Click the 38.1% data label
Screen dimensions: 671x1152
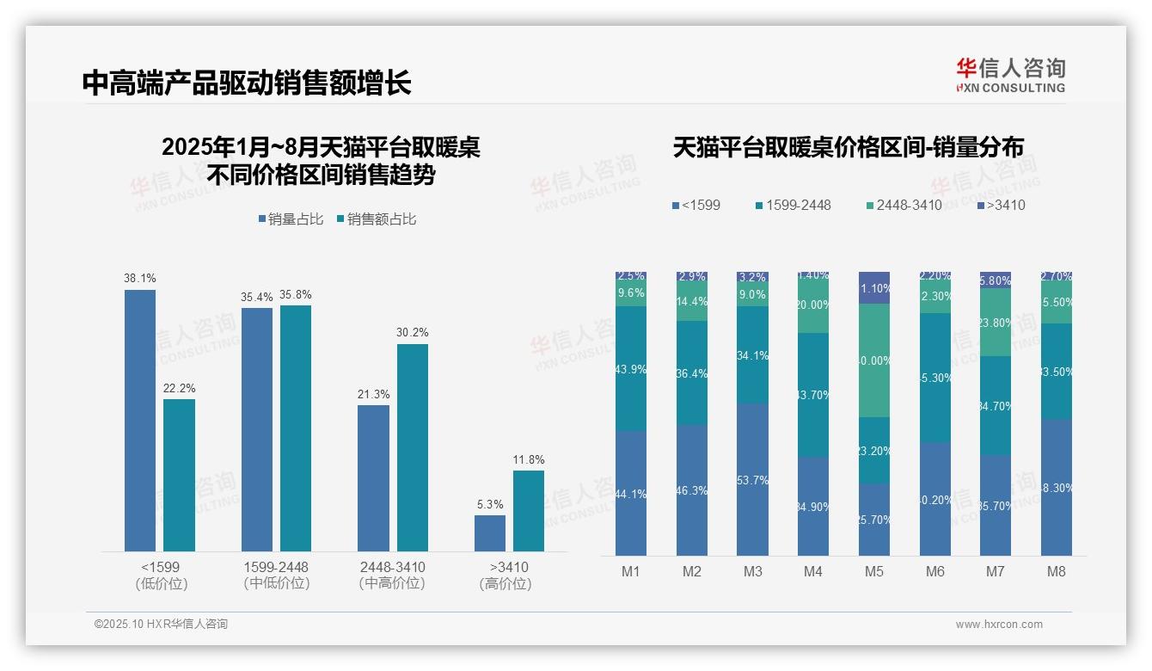tap(140, 279)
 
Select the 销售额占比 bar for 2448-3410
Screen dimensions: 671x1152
tap(412, 447)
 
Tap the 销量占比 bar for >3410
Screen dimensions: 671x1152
tap(490, 533)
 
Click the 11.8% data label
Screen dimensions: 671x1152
tap(529, 459)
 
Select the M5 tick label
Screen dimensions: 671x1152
tap(873, 571)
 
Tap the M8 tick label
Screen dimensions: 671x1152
tap(1057, 571)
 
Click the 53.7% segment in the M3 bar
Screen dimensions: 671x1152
tap(753, 479)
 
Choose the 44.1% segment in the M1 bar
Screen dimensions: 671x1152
tap(631, 493)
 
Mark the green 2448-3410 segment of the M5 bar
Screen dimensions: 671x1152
tap(874, 360)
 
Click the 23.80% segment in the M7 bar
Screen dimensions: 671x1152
tap(996, 323)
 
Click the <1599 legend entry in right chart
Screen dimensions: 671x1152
tap(696, 205)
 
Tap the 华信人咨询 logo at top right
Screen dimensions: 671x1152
tap(1010, 75)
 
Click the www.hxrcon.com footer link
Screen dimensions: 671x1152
tap(999, 625)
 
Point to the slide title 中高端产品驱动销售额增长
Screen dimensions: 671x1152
tap(247, 83)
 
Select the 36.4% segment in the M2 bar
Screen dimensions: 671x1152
tap(692, 373)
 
